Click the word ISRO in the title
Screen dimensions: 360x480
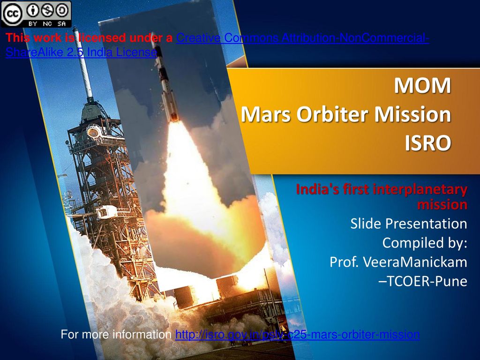pyautogui.click(x=428, y=143)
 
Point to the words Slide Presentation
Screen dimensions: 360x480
pyautogui.click(x=408, y=224)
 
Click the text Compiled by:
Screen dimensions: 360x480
pyautogui.click(x=424, y=243)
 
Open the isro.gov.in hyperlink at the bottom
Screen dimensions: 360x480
pyautogui.click(x=297, y=335)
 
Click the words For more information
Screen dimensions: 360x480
pyautogui.click(x=116, y=335)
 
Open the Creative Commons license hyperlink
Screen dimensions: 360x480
pyautogui.click(x=302, y=38)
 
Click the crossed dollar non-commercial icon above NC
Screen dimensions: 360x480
pyautogui.click(x=47, y=9)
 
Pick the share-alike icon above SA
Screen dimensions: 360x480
pyautogui.click(x=62, y=9)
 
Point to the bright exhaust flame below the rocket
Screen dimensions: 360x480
pyautogui.click(x=187, y=197)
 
